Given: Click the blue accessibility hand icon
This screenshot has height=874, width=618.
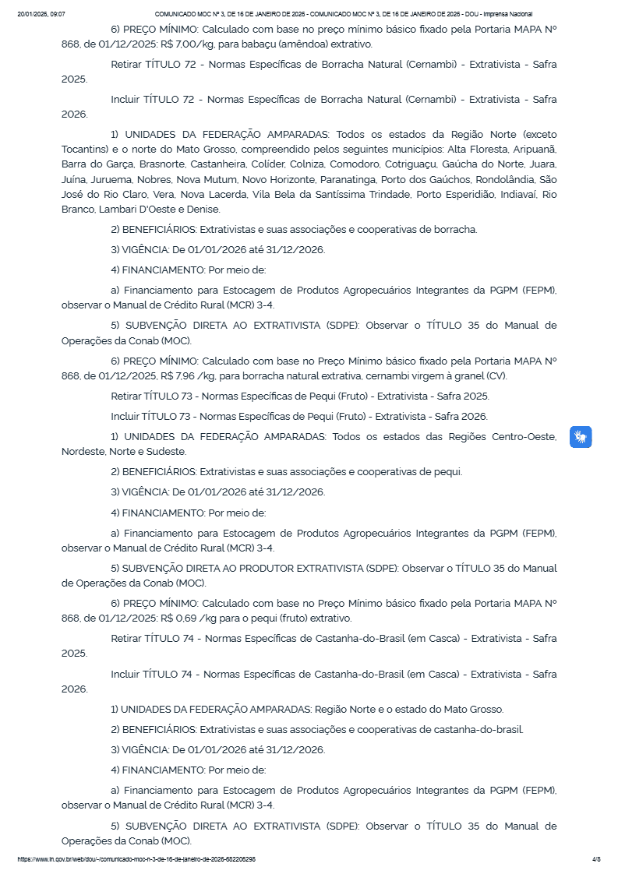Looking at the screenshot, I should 581,437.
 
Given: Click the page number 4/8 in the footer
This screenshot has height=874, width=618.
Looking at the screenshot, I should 596,859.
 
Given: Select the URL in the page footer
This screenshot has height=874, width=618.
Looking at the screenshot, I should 136,859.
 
